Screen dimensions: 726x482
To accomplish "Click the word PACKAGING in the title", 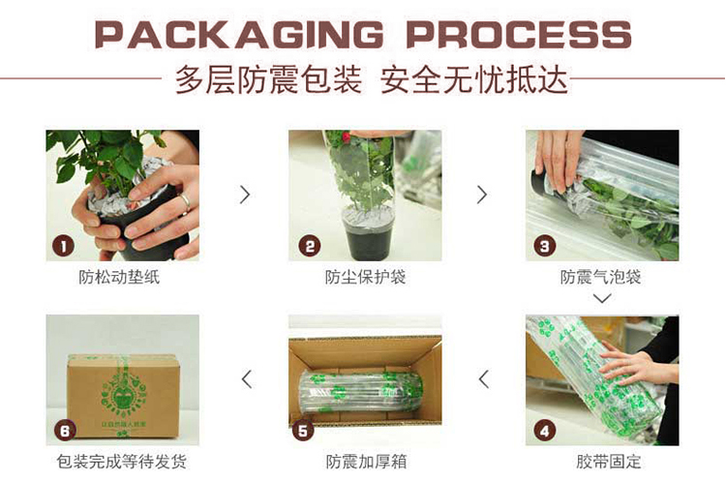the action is point(239,35).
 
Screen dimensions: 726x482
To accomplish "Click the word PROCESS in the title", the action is point(519,35).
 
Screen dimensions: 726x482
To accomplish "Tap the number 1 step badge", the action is point(64,246).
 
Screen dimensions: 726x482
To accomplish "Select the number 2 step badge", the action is point(310,246).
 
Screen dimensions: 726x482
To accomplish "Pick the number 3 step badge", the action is point(545,246).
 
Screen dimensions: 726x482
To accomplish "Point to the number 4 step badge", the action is point(545,431).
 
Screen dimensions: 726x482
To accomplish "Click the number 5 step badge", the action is point(303,431).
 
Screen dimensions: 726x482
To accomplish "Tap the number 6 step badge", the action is point(65,431).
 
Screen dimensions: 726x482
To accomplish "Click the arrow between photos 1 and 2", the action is point(245,195).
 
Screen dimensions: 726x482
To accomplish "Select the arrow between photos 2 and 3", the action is point(482,195).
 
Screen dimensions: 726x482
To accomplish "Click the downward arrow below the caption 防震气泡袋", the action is point(602,298).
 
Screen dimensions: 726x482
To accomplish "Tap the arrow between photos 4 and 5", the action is point(484,379).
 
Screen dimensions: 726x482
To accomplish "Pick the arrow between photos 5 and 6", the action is point(247,379).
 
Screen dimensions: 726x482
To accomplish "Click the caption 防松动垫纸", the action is point(119,277).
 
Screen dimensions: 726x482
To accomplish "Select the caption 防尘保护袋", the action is point(365,277).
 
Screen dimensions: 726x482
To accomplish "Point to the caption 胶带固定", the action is point(609,461).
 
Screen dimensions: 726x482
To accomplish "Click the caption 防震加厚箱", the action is point(366,461).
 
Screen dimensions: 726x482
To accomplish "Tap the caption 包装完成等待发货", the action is point(121,461).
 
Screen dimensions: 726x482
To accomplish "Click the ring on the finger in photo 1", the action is point(185,202).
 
